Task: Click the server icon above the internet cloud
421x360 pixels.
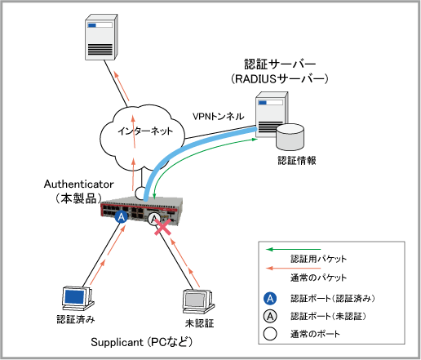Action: (101, 38)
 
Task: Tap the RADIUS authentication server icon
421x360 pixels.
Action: (272, 115)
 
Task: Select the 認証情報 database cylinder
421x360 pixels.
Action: (290, 137)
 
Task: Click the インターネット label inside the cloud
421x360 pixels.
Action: (145, 131)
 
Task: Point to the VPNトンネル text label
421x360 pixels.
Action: (218, 117)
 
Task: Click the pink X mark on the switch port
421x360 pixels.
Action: (162, 227)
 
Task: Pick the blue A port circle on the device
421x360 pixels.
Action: (122, 217)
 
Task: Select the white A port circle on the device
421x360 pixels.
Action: (154, 218)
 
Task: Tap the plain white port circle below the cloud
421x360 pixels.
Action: (141, 193)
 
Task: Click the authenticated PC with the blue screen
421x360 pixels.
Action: (78, 299)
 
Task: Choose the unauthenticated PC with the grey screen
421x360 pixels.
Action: (198, 302)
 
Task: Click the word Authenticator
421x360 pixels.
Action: (78, 184)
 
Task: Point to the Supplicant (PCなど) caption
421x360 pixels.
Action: (141, 342)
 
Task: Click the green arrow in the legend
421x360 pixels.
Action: (294, 249)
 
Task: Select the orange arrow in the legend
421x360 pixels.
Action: (294, 269)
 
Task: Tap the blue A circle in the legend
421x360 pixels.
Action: (270, 299)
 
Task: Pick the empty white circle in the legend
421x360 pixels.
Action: (270, 334)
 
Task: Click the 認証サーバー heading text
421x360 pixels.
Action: (280, 64)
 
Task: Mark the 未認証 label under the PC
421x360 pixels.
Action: (199, 323)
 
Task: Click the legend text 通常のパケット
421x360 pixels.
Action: (318, 278)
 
